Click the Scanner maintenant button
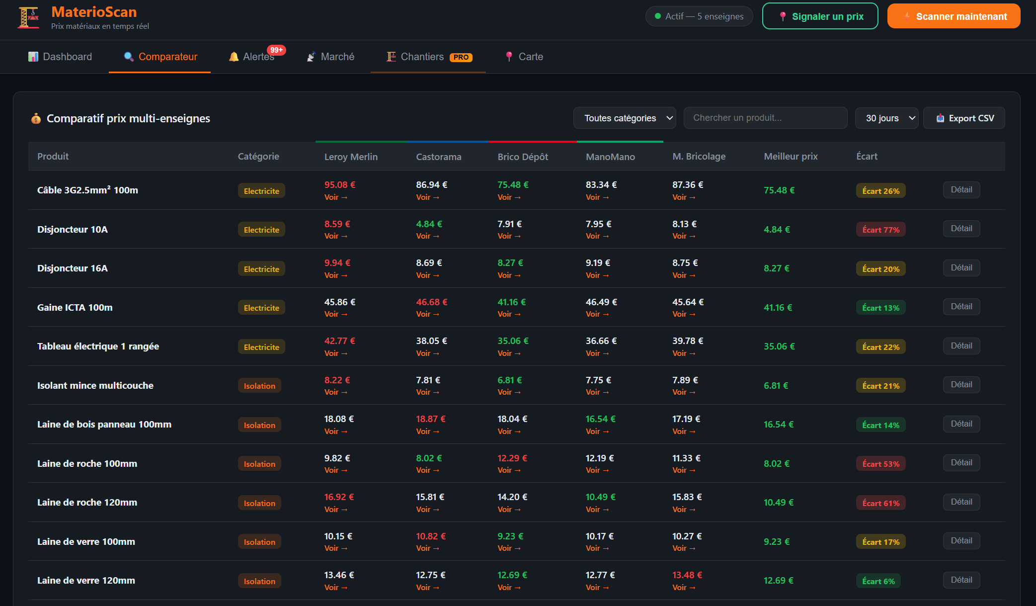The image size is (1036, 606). tap(954, 16)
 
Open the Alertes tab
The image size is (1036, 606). tap(252, 57)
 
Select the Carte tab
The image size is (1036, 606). tap(524, 57)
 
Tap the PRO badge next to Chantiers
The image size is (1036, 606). tap(461, 57)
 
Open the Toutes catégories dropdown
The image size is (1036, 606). tap(624, 118)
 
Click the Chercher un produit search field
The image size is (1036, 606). tap(765, 118)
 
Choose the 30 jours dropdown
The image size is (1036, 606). tap(886, 118)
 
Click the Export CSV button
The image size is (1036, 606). tap(964, 118)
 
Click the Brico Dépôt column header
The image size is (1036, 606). tap(523, 157)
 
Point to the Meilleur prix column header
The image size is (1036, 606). tap(791, 156)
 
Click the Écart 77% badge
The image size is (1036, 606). tap(880, 230)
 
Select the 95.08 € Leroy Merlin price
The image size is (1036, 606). tap(340, 184)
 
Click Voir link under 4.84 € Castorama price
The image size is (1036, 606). tap(427, 236)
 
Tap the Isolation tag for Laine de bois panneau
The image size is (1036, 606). tap(259, 425)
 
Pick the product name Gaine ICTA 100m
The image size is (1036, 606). tap(75, 307)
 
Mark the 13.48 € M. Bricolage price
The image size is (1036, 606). tap(687, 575)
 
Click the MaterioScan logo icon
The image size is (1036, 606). tap(28, 17)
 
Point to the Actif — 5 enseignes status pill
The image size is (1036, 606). tap(699, 16)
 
